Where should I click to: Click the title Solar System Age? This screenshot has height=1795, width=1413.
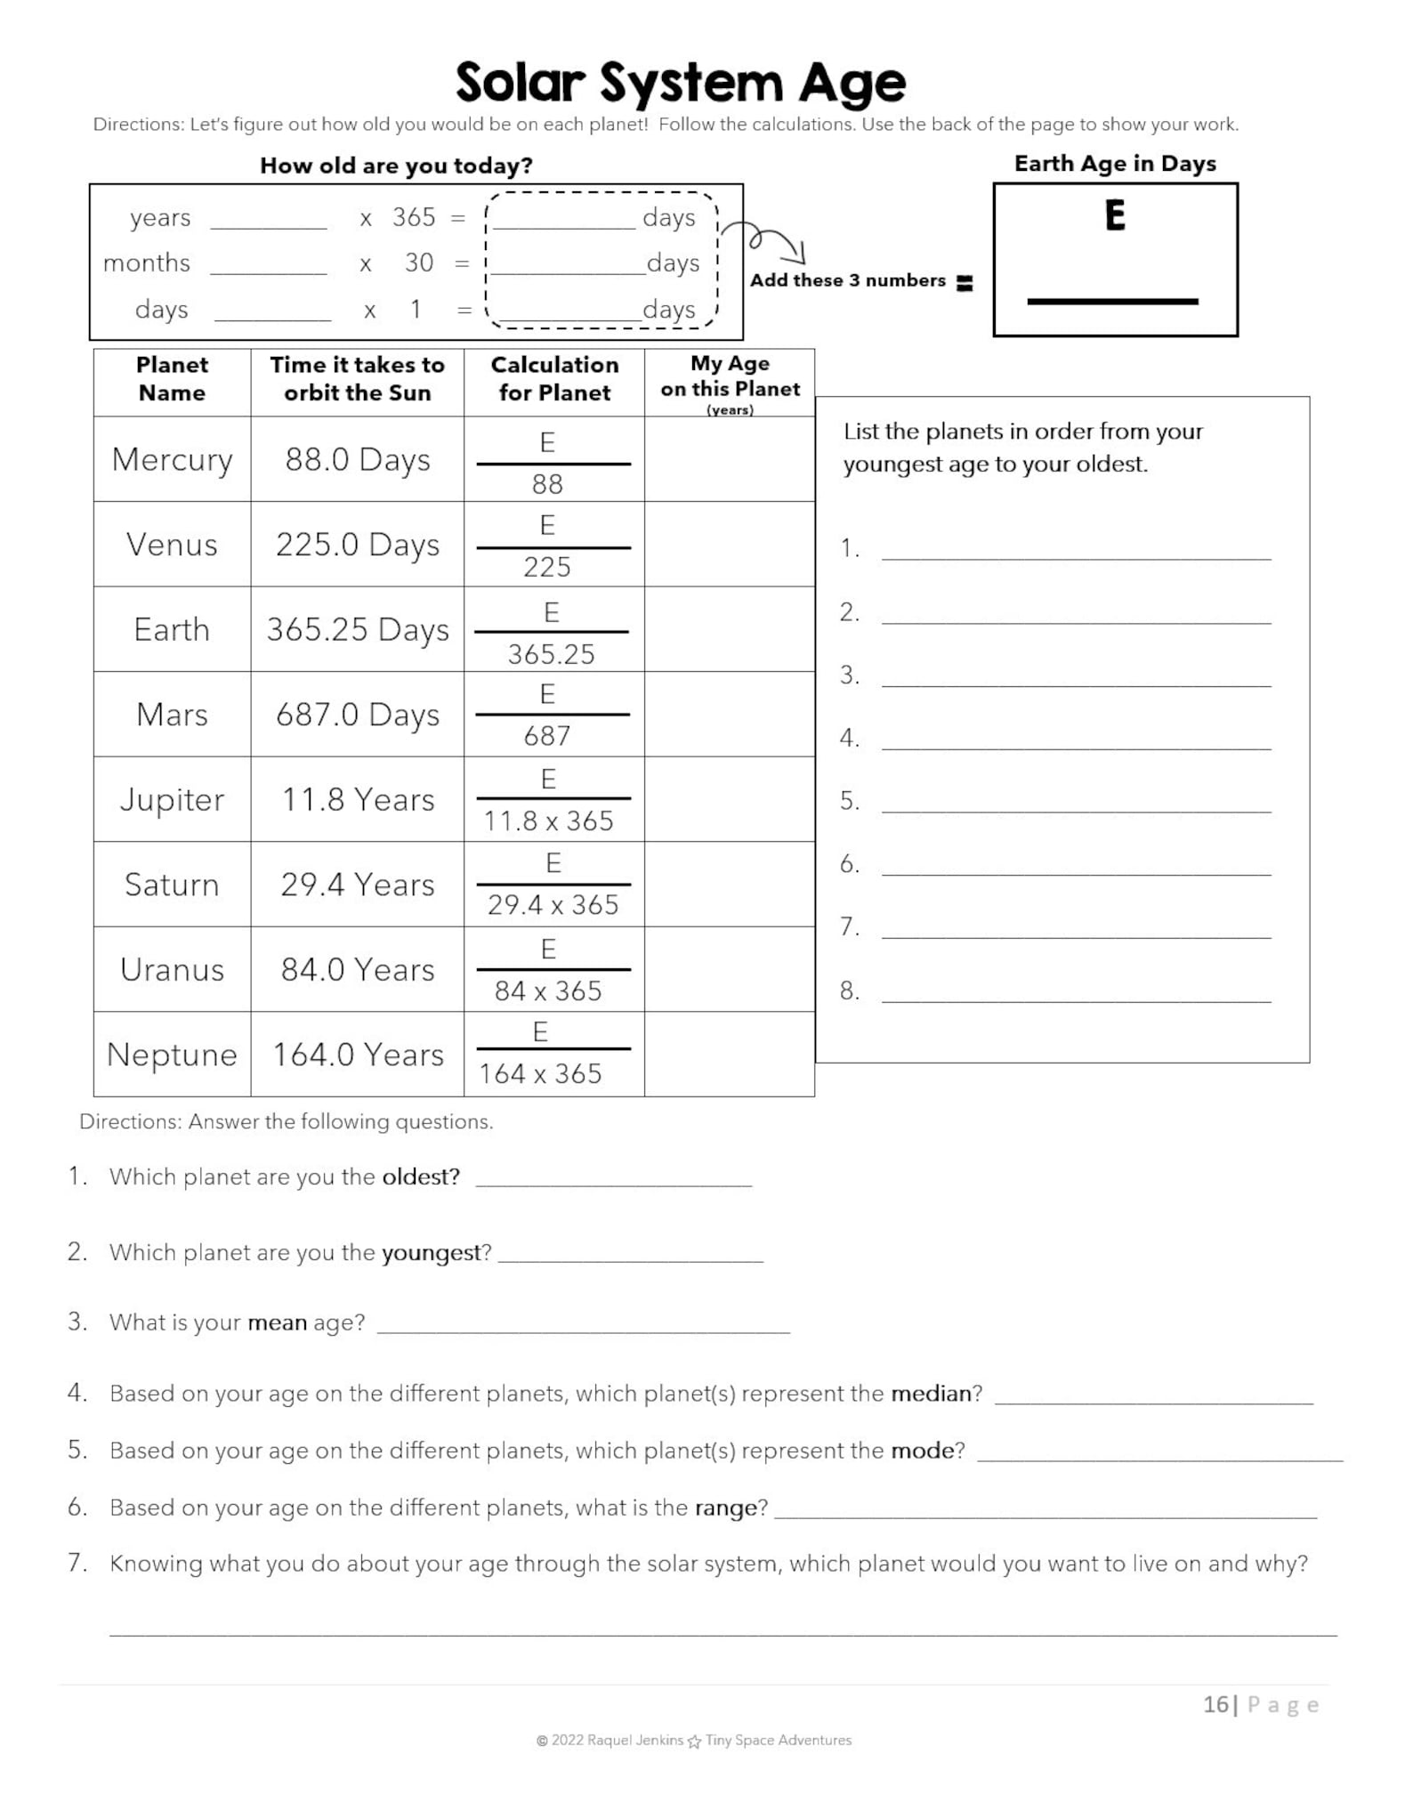click(681, 83)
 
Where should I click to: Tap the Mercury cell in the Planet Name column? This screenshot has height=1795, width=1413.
click(172, 459)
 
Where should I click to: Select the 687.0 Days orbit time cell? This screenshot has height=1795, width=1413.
click(357, 715)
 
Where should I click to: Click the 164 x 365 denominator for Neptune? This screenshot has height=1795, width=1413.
click(540, 1073)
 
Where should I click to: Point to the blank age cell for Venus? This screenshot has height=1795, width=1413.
click(729, 544)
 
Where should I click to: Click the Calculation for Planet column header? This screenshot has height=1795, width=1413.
click(554, 378)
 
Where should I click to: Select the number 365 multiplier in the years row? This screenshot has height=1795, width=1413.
click(414, 217)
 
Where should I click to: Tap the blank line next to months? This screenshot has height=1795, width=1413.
click(269, 263)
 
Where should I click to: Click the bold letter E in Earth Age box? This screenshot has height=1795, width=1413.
click(1115, 216)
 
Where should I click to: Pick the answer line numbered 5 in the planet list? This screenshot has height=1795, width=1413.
click(1076, 803)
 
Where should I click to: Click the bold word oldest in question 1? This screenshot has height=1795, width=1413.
click(420, 1176)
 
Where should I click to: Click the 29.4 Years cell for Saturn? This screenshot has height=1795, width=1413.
click(357, 885)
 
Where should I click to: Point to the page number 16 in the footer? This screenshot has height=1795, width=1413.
click(1215, 1704)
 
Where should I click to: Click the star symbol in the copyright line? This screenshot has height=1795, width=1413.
click(694, 1741)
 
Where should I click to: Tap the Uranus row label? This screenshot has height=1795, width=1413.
click(172, 969)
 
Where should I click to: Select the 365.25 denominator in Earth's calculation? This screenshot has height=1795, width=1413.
click(551, 654)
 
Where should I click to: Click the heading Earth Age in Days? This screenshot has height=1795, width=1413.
click(1115, 164)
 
